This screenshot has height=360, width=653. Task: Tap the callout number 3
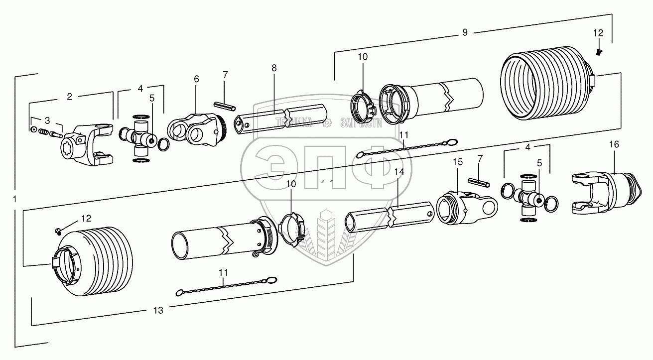click(x=47, y=121)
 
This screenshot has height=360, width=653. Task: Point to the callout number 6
click(x=196, y=79)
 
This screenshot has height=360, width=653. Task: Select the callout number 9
click(x=465, y=33)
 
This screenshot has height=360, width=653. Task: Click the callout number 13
click(x=158, y=310)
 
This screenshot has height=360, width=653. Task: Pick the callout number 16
click(x=614, y=144)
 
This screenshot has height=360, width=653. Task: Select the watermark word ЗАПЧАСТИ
click(x=361, y=123)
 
